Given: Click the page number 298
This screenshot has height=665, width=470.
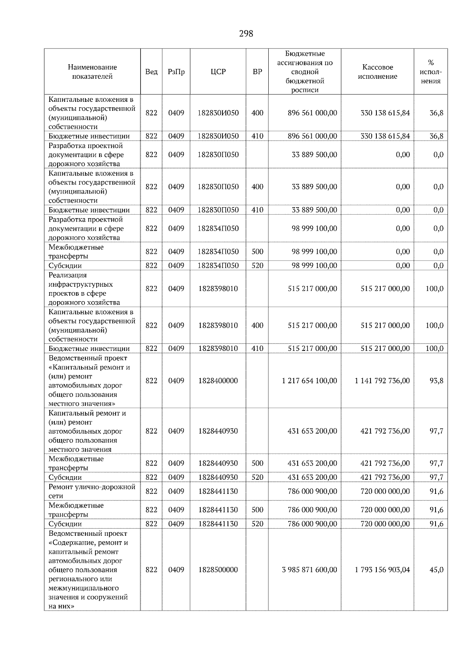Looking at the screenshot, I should coord(246,34).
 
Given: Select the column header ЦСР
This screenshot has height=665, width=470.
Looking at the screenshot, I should coord(218,72).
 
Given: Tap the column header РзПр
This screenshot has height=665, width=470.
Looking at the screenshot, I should coord(176,72).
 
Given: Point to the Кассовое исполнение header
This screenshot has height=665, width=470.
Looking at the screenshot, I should coord(377,72).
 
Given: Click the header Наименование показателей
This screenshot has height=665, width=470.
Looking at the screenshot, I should coord(92,72).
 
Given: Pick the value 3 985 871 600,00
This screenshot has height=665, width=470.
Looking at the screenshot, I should coord(309,569).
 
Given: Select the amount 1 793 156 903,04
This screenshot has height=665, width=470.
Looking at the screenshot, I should coord(382,569).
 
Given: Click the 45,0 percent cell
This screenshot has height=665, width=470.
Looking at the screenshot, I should coord(436,569).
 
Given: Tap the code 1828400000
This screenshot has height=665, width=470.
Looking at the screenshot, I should coord(218,380).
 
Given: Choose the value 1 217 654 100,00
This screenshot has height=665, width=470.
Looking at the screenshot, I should coord(309,380).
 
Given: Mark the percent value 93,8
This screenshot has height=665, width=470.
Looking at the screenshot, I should coord(436,380).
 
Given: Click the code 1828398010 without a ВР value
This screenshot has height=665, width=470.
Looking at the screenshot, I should coord(218,288).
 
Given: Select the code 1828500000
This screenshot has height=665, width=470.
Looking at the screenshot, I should coord(218,569).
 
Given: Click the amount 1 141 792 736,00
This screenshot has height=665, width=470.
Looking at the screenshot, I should coord(382,380).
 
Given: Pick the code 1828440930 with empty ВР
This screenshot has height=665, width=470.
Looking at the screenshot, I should coord(218,431).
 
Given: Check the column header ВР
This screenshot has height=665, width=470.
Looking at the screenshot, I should coord(257,72).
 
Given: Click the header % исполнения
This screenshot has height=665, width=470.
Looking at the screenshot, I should coord(430,72).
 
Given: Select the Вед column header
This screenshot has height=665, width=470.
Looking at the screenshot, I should coord(151,72).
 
